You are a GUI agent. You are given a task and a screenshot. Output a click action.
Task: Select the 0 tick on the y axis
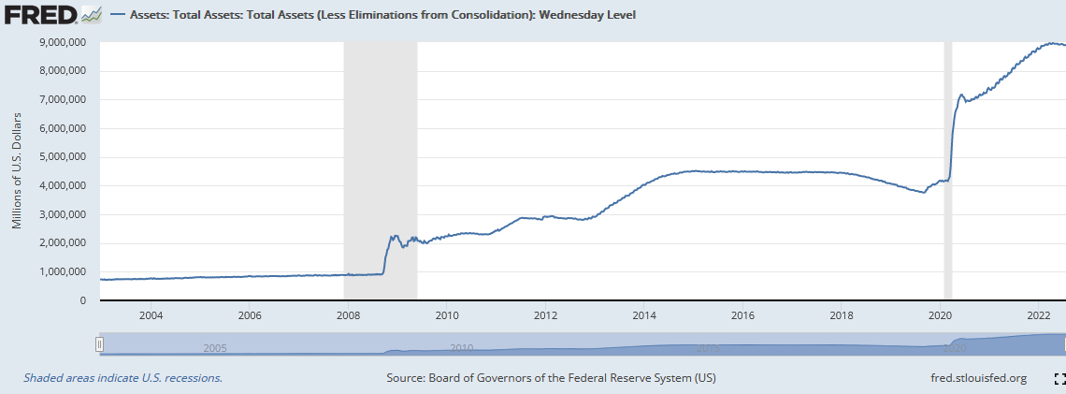(x=82, y=300)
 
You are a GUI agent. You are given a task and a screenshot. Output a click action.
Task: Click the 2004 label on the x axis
(x=151, y=315)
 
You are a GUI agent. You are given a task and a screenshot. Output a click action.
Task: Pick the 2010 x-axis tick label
(x=446, y=315)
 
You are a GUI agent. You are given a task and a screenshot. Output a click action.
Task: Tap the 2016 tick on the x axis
(x=742, y=315)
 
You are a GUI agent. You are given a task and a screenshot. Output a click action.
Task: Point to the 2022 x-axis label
(x=1038, y=315)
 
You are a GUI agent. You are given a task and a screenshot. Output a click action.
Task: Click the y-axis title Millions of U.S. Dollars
(x=17, y=169)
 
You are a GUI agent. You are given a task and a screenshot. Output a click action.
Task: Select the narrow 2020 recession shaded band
(x=947, y=168)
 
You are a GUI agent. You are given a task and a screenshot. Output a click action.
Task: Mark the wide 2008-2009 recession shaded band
(x=381, y=168)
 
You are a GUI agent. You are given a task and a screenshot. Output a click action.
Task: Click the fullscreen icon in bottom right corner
(x=1059, y=378)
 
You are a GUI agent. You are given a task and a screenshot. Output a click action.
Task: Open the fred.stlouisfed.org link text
(x=973, y=378)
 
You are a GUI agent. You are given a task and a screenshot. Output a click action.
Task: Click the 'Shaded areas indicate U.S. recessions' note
(x=122, y=378)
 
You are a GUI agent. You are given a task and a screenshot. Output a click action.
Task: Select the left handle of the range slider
(x=99, y=345)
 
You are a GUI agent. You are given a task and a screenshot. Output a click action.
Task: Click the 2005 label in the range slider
(x=215, y=348)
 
